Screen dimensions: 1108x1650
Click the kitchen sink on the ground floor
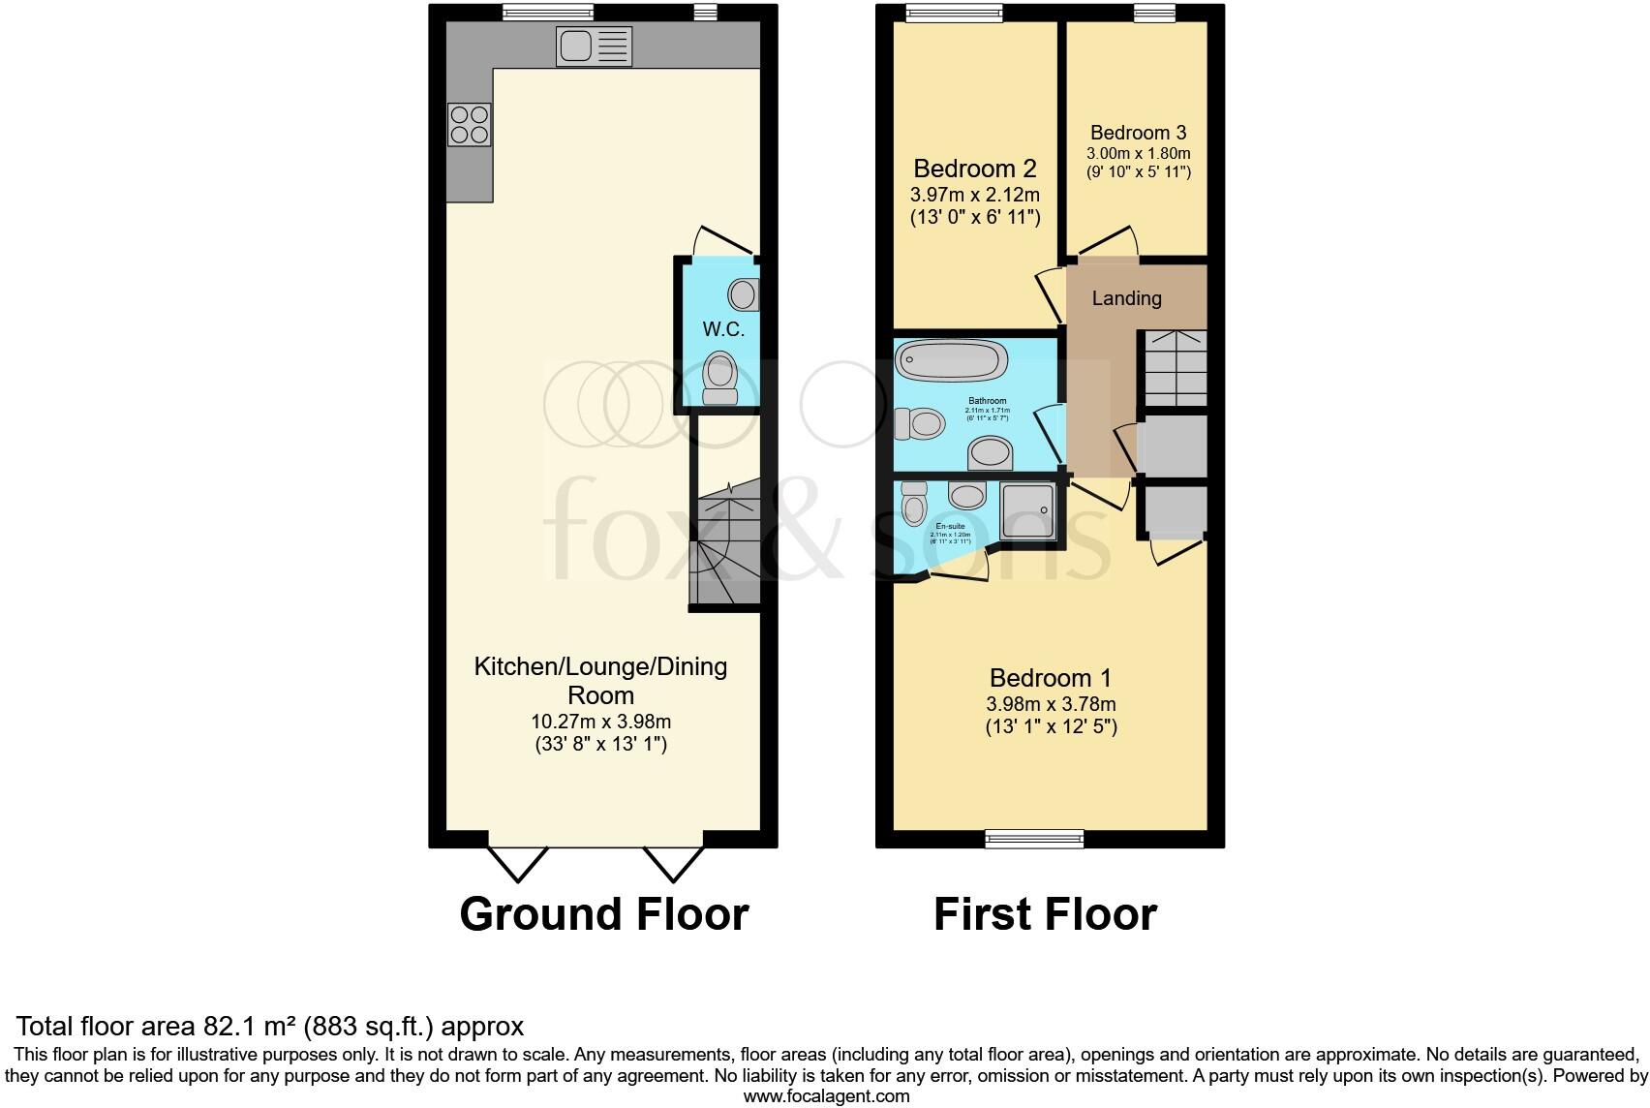click(594, 46)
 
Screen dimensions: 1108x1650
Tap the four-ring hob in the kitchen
click(469, 125)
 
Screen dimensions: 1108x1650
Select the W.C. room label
click(723, 329)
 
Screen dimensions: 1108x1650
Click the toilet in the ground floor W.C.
click(719, 378)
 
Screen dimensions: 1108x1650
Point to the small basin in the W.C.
click(745, 293)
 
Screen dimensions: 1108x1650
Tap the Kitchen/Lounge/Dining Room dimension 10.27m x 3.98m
click(600, 722)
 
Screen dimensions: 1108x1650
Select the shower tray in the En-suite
click(1027, 510)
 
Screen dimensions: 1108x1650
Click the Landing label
click(1126, 298)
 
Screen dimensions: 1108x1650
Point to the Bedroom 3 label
click(1138, 133)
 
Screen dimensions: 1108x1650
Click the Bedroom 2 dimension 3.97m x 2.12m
click(974, 196)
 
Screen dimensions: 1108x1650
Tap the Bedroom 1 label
click(1050, 677)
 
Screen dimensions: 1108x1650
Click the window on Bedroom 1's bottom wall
click(1034, 839)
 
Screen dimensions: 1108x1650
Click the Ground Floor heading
click(604, 914)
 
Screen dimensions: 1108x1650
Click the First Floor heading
click(1045, 914)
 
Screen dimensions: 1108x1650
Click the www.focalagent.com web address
click(826, 1096)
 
